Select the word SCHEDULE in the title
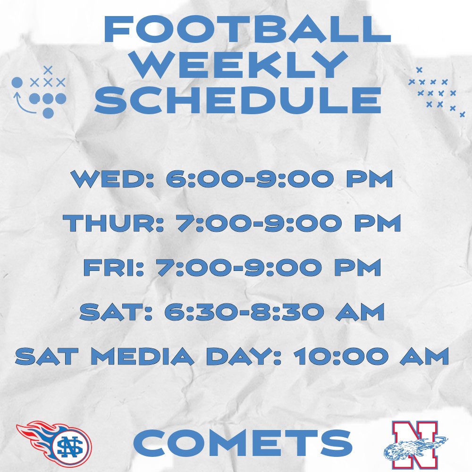coord(241,101)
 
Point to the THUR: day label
coord(113,223)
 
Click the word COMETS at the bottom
coord(243,444)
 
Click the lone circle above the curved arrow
coord(17,83)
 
